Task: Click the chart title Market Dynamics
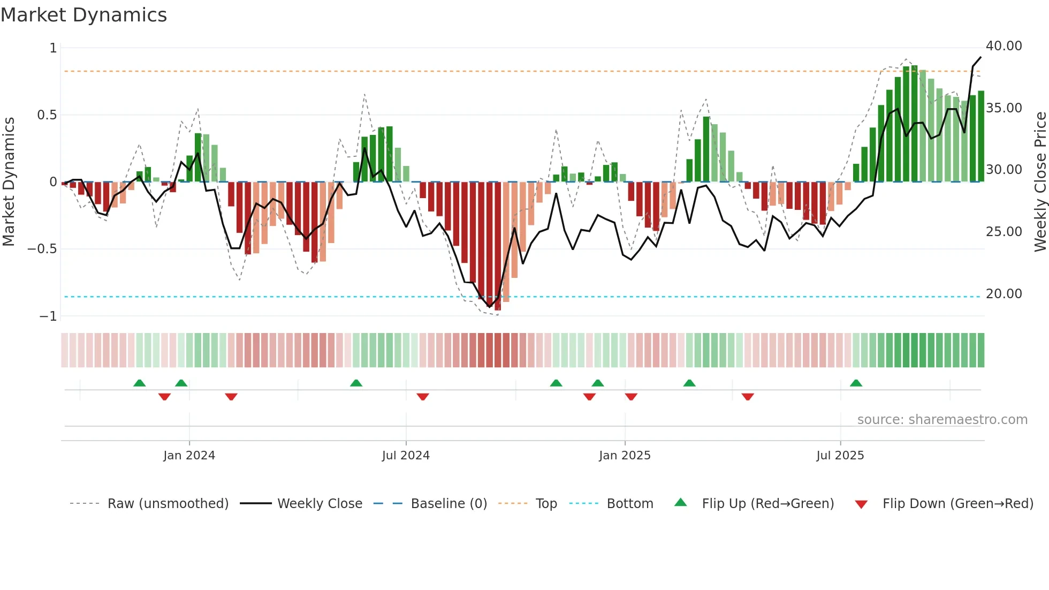point(83,15)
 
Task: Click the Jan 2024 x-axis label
point(189,456)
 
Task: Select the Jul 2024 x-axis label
point(406,456)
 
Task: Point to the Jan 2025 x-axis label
point(625,456)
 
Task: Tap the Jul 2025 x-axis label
point(840,456)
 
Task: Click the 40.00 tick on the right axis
point(1004,46)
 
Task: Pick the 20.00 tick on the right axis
point(1004,294)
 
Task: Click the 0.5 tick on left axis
point(47,115)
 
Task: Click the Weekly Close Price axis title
point(1040,182)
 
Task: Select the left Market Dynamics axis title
point(9,182)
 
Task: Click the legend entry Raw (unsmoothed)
point(168,504)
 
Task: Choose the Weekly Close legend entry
point(320,504)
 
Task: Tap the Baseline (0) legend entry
point(449,504)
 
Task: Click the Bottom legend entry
point(629,504)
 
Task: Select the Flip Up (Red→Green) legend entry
point(767,504)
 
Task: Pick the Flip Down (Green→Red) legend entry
point(957,504)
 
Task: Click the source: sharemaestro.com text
point(942,420)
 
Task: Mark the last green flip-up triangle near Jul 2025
point(856,383)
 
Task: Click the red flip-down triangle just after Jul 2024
point(423,397)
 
